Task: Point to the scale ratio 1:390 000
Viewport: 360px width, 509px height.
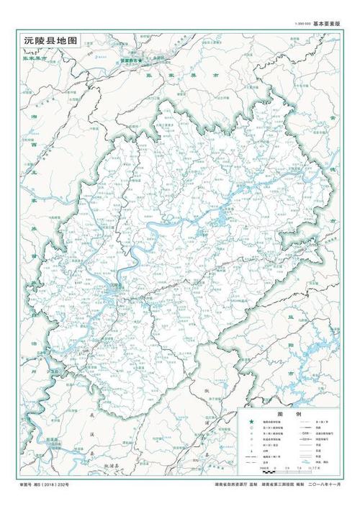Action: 302,24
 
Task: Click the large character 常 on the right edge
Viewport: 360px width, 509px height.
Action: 332,118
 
